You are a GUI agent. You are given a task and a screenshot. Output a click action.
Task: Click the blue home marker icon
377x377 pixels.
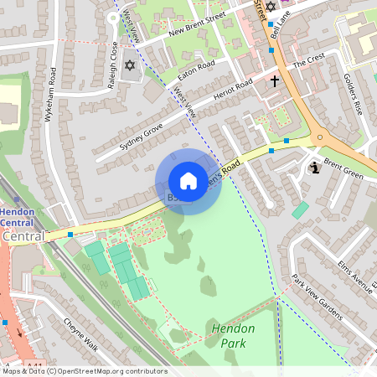pos(188,181)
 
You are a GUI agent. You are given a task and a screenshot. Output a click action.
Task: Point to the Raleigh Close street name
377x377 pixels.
pos(112,54)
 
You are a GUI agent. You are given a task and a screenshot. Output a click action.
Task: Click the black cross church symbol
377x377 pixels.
pos(275,81)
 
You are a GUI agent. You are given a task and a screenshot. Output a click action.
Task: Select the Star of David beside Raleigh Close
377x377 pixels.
pos(129,65)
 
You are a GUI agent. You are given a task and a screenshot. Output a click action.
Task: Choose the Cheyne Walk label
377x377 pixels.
pos(80,334)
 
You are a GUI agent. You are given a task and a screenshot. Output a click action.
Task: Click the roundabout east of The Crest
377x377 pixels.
pos(319,137)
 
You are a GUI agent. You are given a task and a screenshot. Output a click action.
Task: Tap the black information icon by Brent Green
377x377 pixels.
pos(314,168)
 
